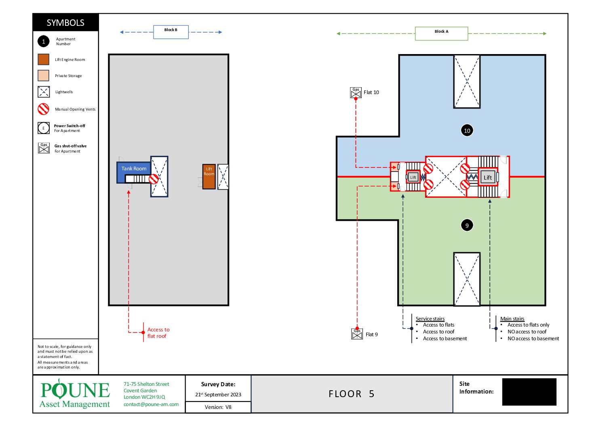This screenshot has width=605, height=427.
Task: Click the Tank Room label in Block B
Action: [134, 169]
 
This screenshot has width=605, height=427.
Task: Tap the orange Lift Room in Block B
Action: [209, 177]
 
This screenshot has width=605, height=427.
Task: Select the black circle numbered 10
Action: [467, 130]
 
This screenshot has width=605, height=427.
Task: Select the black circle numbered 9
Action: [467, 225]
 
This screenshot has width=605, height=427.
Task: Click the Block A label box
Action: [441, 33]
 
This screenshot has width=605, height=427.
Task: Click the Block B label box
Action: [171, 32]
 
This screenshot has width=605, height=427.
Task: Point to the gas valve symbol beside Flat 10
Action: [356, 92]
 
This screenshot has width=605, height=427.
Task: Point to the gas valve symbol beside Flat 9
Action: [357, 334]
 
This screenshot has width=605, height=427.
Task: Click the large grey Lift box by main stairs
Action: [488, 177]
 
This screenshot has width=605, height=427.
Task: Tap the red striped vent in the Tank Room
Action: [154, 179]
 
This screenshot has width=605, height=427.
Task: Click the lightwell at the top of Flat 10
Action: [467, 82]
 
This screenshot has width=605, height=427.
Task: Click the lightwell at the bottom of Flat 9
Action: [467, 279]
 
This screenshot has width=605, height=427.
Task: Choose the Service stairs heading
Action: [430, 318]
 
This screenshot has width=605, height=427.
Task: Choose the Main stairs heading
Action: [512, 318]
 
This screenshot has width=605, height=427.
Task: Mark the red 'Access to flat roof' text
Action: [158, 333]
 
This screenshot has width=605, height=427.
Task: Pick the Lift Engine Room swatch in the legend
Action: [44, 59]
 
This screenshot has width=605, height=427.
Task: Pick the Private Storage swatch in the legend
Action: [44, 75]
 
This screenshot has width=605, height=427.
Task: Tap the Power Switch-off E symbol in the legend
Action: [44, 128]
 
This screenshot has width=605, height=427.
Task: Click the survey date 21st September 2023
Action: [218, 394]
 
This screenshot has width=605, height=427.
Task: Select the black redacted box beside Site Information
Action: [529, 391]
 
